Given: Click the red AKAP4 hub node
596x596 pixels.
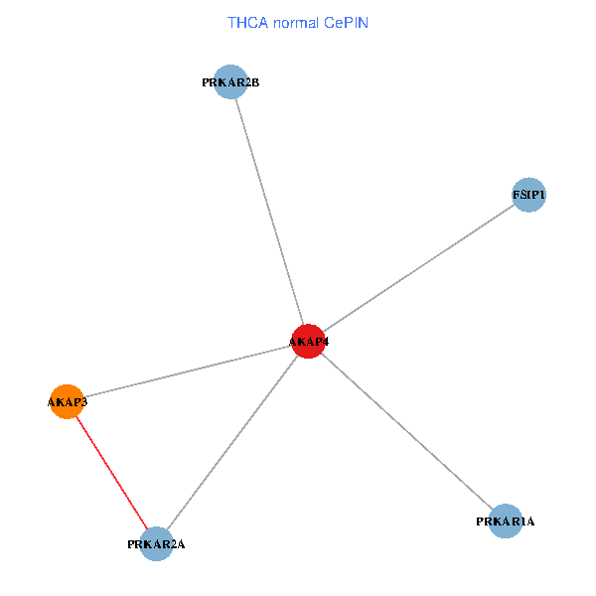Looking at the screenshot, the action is [x=308, y=341].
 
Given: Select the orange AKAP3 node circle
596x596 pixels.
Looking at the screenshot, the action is [x=67, y=401].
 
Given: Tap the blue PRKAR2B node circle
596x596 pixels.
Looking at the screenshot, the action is [x=230, y=82].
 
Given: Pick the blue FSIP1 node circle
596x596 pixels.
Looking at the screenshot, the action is [x=528, y=195].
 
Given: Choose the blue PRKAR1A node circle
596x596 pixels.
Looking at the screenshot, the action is [x=506, y=521].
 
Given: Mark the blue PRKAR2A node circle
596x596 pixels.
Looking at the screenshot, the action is [x=157, y=543].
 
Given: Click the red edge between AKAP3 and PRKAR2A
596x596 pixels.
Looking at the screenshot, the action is [x=111, y=472].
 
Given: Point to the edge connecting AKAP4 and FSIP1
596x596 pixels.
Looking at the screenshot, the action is [x=418, y=268].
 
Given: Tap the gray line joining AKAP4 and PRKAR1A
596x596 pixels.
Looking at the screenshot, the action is [x=407, y=431].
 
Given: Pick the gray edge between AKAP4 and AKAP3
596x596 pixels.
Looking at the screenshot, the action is [x=187, y=372].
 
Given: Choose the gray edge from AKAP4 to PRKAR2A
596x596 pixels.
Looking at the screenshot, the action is [x=232, y=442].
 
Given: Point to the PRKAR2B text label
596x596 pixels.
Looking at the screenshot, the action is [x=230, y=82].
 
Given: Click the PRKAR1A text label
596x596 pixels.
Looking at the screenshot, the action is [x=506, y=521].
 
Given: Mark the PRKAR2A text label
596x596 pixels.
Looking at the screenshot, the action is [x=157, y=544].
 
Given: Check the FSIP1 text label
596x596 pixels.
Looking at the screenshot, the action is [x=528, y=196].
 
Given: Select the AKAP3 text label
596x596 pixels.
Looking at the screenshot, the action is [x=68, y=402].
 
